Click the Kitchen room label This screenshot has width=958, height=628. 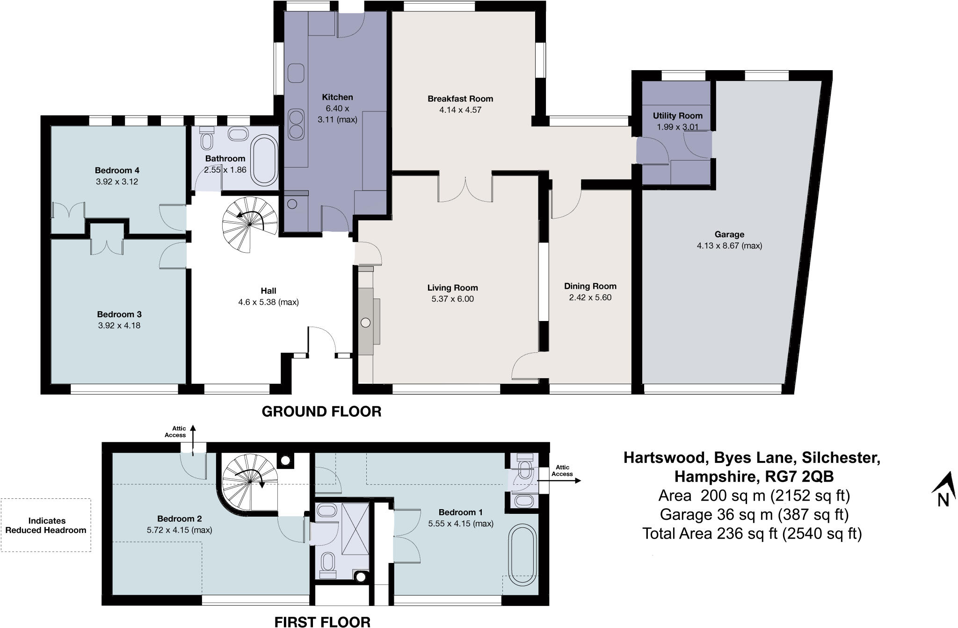pos(337,97)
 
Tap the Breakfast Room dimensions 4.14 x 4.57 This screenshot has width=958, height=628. pos(460,110)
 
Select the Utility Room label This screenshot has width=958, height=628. pos(677,116)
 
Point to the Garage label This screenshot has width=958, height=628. pos(729,234)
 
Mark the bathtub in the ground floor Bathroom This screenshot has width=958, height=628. pos(265,160)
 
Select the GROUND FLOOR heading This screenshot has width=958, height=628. pos(321,412)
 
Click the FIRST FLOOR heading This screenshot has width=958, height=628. pos(322,621)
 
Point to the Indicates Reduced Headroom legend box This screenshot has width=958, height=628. pos(46,525)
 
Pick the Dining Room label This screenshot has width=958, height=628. pos(590,286)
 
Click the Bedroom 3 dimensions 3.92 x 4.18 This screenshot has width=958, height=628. pos(119,325)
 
